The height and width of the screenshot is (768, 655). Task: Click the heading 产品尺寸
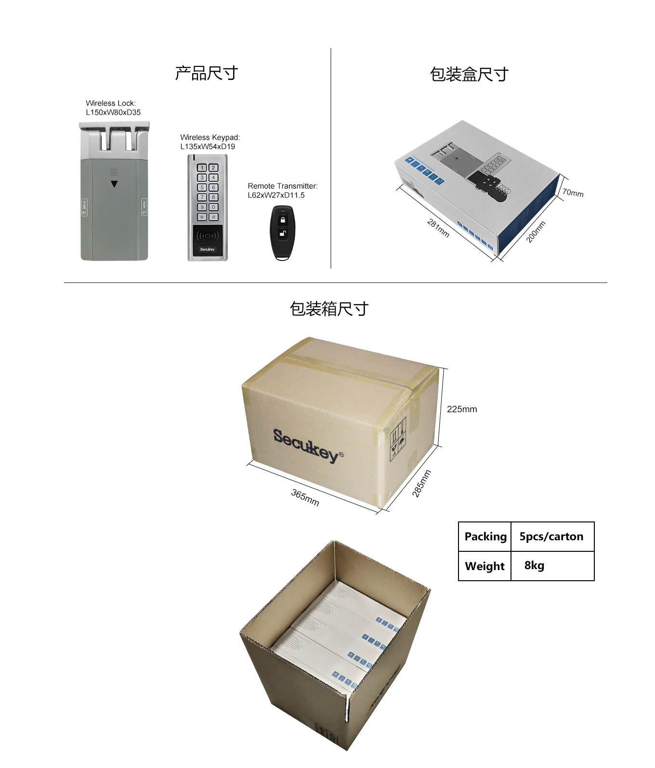coord(206,73)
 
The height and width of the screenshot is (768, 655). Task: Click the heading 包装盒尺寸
coord(469,75)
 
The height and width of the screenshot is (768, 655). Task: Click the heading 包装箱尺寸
coord(329,309)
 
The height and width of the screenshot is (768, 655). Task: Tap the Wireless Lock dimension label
coord(113,108)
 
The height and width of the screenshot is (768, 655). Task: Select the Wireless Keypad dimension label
coord(210,142)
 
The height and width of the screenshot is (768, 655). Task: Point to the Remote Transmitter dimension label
coord(283,191)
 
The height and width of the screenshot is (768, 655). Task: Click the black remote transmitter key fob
coord(282,233)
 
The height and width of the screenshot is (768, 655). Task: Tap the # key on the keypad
coord(213,217)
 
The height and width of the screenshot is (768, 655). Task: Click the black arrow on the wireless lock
coord(114,184)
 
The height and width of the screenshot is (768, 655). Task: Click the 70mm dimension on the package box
coord(573,193)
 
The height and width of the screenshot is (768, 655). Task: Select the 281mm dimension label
coord(438,228)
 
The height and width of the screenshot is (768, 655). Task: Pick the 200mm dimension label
coord(536,232)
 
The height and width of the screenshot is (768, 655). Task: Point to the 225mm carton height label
coord(462,409)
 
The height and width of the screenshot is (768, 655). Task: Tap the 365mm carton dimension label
coord(305,497)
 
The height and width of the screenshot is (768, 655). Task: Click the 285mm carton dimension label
coord(421,483)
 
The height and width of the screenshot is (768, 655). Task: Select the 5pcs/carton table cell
coord(551,536)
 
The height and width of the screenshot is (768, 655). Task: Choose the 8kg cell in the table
coord(534,565)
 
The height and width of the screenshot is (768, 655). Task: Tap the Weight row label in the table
coord(485,566)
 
